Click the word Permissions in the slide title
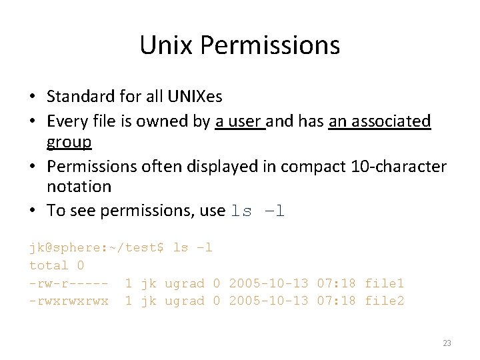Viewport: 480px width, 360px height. pos(269,45)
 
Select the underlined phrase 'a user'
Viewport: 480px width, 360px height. pos(240,121)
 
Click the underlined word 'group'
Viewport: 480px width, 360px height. pos(69,143)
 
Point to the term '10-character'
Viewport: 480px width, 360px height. pos(398,165)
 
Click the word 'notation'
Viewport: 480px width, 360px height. pos(79,187)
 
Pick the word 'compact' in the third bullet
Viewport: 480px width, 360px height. pos(316,165)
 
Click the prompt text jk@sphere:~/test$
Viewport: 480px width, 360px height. pos(96,247)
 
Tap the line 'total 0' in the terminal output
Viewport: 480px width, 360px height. pos(57,265)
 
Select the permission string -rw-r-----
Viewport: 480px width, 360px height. pos(69,283)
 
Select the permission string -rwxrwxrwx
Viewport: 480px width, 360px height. pos(69,301)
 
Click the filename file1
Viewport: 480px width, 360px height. pos(384,283)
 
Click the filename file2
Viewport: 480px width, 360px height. pos(384,301)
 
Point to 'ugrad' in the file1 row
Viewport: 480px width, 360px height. pos(184,283)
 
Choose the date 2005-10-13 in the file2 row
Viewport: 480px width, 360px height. pos(269,301)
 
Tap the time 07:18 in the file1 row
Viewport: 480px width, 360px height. pos(337,283)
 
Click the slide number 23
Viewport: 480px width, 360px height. pos(447,343)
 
